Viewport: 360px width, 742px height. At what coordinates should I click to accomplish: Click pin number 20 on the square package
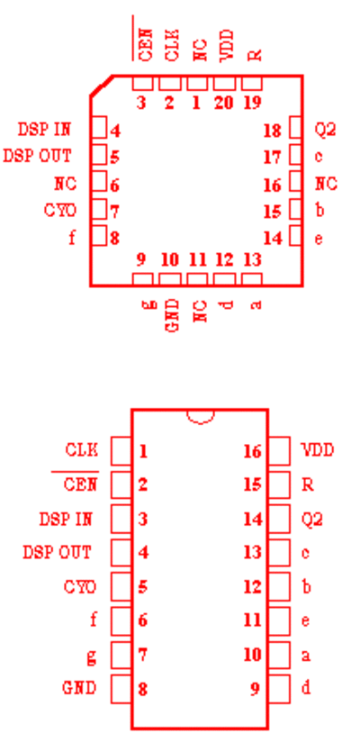[224, 102]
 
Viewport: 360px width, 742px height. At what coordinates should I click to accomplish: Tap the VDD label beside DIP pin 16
[318, 450]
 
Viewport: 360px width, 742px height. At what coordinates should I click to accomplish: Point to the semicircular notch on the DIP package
[201, 417]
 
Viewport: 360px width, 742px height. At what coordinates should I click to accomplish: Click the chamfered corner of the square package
[101, 86]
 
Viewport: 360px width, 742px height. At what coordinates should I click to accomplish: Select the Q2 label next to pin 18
[326, 129]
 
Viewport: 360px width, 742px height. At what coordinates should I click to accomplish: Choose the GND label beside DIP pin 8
[79, 688]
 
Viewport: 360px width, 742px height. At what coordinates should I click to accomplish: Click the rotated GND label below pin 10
[173, 315]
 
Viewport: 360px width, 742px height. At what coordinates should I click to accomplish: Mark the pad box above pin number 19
[252, 83]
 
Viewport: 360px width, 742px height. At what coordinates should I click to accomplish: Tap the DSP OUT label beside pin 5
[37, 156]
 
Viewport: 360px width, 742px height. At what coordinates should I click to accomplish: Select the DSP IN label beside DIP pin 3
[66, 519]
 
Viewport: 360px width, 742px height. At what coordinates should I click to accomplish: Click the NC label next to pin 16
[327, 183]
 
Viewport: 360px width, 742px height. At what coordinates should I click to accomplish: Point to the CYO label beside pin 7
[60, 210]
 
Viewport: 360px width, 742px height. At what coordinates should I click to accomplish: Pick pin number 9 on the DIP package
[255, 689]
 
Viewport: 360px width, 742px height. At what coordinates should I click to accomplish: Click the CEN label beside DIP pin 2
[80, 484]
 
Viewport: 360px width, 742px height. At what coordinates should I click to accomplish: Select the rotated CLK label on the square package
[172, 45]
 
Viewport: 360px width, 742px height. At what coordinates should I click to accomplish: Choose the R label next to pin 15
[308, 485]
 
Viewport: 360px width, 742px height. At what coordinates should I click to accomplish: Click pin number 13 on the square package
[253, 259]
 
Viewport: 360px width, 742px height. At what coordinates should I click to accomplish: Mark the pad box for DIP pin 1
[121, 450]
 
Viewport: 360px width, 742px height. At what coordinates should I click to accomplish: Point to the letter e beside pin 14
[319, 238]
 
